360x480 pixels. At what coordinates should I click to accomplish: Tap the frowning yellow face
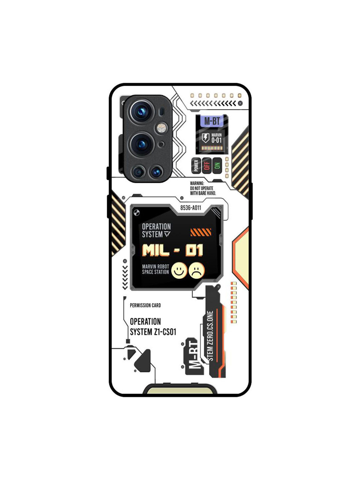pyautogui.click(x=197, y=270)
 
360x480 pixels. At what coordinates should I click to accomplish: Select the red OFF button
pyautogui.click(x=207, y=165)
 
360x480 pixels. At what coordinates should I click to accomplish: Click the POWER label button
pyautogui.click(x=196, y=165)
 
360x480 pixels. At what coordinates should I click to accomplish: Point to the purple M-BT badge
pyautogui.click(x=212, y=121)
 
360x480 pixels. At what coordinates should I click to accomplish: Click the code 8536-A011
pyautogui.click(x=191, y=208)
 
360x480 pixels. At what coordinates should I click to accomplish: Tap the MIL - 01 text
pyautogui.click(x=172, y=250)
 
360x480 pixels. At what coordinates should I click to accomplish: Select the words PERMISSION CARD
pyautogui.click(x=145, y=305)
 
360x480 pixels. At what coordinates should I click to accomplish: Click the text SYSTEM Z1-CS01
pyautogui.click(x=153, y=332)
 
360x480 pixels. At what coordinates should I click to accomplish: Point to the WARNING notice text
pyautogui.click(x=203, y=188)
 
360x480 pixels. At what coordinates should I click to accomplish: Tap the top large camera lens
pyautogui.click(x=141, y=111)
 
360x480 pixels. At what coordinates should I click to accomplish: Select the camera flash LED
pyautogui.click(x=162, y=127)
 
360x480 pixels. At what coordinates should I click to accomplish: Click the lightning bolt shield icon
pyautogui.click(x=206, y=138)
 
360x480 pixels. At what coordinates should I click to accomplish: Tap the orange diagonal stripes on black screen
pyautogui.click(x=201, y=232)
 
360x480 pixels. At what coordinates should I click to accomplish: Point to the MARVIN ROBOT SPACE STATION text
pyautogui.click(x=155, y=269)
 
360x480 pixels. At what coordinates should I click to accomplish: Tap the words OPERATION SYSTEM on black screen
pyautogui.click(x=156, y=230)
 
